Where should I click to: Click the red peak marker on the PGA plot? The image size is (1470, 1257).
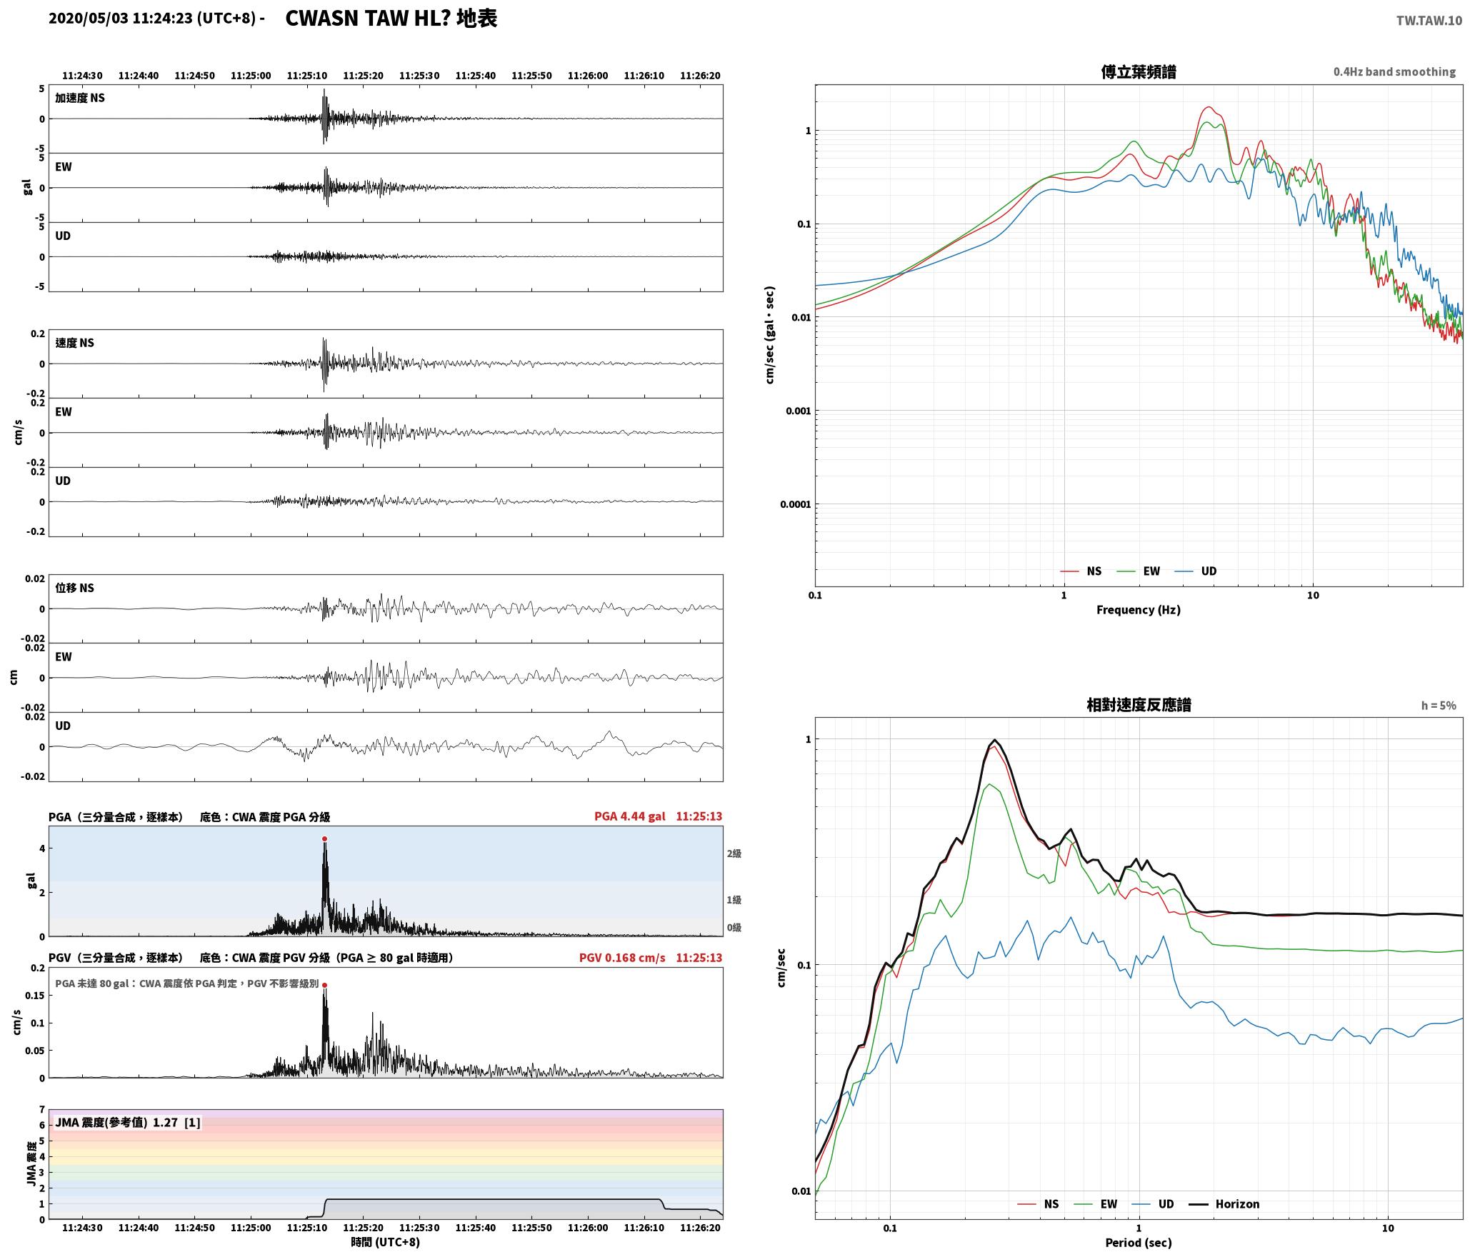coord(324,838)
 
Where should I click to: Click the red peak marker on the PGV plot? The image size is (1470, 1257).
coord(324,985)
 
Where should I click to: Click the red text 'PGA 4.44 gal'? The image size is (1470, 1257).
coord(629,816)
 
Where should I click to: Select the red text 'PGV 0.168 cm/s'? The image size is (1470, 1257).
coord(622,958)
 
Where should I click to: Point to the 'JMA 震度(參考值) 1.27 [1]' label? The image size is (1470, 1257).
coord(128,1123)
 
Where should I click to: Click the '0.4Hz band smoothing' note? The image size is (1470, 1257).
coord(1394,72)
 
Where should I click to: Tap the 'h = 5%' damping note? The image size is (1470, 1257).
coord(1439,706)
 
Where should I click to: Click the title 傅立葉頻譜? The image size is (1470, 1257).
coord(1139,72)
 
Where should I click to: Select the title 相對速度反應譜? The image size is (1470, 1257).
coord(1139,705)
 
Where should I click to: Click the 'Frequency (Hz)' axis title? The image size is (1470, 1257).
coord(1139,610)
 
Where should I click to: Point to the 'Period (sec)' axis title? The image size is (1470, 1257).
coord(1139,1243)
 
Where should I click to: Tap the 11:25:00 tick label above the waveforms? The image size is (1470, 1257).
coord(251,76)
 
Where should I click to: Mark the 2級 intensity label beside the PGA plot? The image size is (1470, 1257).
coord(734,853)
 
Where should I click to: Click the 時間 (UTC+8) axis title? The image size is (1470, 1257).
coord(386,1242)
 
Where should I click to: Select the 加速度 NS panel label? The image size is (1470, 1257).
coord(80,98)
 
